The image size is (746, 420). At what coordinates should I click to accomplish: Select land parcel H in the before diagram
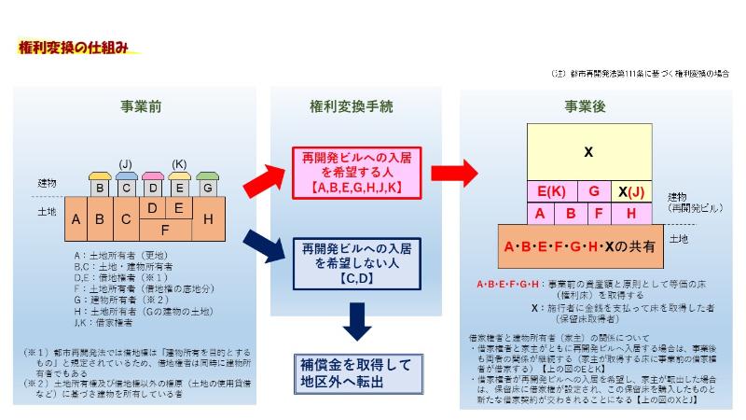click(208, 219)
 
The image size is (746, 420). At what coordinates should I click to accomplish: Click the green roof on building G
click(208, 176)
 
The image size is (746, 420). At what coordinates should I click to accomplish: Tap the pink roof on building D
click(152, 176)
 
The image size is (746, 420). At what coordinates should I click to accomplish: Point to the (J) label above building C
click(125, 164)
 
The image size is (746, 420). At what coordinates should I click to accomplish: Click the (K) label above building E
click(180, 164)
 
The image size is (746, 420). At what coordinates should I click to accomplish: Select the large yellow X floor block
click(587, 151)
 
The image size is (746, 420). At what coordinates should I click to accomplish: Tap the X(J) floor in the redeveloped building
click(631, 192)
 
